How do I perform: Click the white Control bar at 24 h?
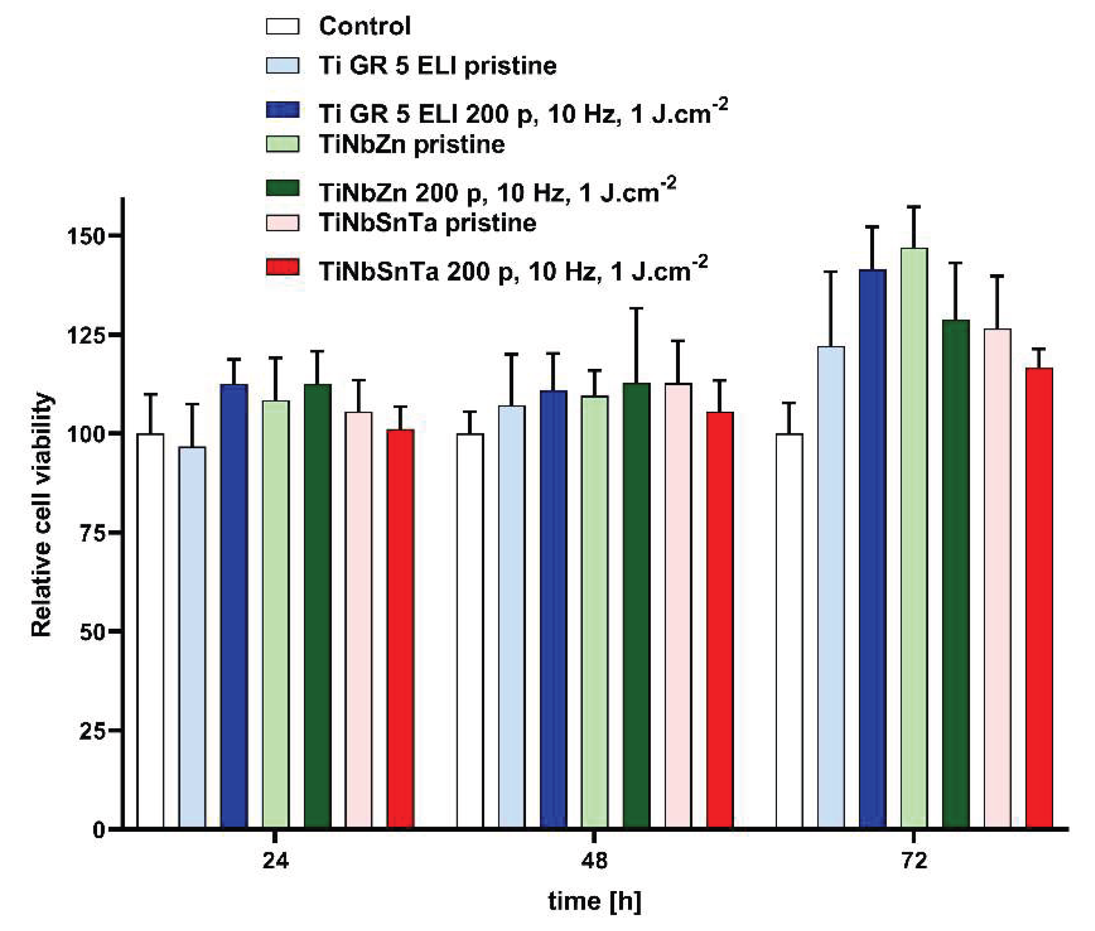150,631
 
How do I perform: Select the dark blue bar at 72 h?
872,549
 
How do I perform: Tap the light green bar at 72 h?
914,538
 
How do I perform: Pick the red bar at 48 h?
720,620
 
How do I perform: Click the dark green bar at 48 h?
636,606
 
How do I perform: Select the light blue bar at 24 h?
192,638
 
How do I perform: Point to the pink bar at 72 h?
997,578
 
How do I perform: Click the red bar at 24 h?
400,629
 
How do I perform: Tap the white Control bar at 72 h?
789,631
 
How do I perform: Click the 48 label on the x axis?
594,861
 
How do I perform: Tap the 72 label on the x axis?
914,861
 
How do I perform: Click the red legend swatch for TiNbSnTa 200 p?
283,267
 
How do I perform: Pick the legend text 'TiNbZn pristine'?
412,144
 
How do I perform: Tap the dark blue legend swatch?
283,110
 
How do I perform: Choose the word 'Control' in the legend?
365,26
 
